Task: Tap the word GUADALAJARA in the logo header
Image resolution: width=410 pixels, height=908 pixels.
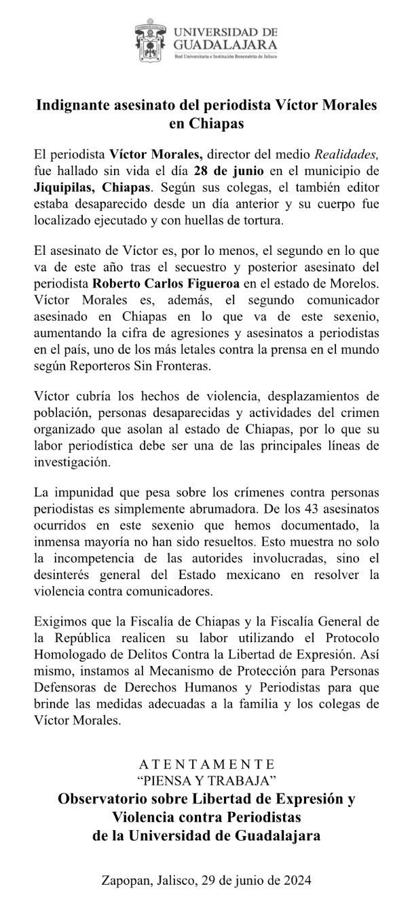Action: point(225,44)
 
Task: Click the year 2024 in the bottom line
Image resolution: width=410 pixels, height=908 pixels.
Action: point(297,880)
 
